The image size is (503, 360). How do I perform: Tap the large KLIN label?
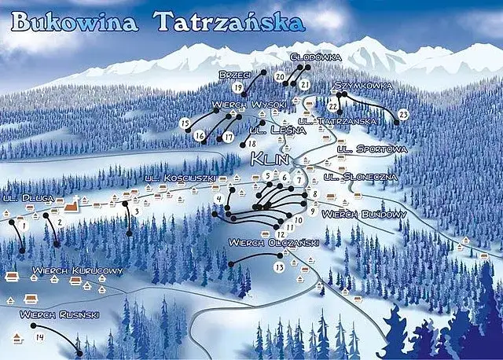[x=271, y=159]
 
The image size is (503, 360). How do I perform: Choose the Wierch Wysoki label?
[x=248, y=105]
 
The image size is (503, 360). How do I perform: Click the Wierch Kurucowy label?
[x=78, y=271]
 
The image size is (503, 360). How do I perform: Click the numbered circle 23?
[x=403, y=115]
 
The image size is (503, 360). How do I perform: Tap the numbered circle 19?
[x=238, y=89]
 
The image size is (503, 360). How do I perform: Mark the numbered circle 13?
[x=279, y=267]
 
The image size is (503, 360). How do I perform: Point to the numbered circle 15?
[x=185, y=123]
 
